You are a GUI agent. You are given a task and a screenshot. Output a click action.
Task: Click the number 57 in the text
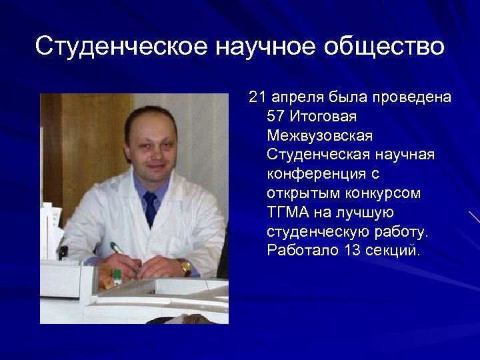click(275, 116)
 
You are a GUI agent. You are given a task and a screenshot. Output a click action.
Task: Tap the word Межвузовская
click(320, 135)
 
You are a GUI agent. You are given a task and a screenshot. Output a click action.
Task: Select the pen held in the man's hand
click(119, 249)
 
